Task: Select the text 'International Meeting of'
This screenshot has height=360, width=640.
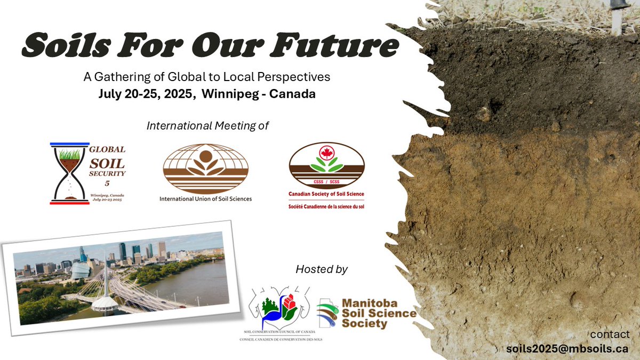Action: [207, 126]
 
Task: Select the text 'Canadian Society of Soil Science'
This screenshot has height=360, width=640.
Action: [326, 195]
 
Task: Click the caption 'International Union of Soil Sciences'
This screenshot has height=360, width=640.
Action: [205, 199]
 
